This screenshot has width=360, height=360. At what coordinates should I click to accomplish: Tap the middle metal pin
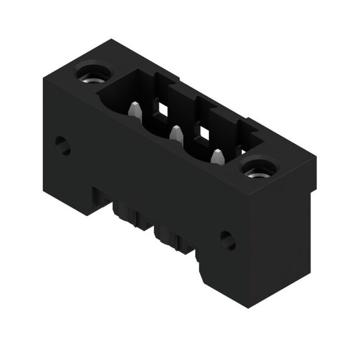(176, 133)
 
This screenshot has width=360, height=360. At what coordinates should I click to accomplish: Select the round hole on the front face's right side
(228, 240)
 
